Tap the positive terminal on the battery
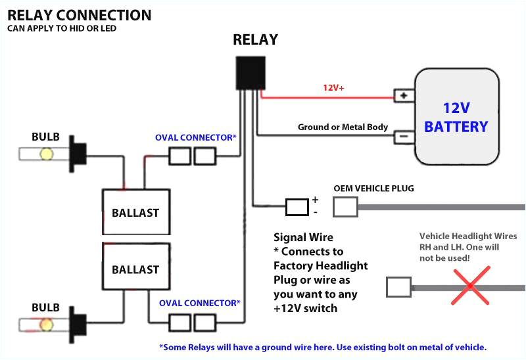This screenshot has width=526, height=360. click(x=402, y=96)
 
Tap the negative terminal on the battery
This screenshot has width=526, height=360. click(x=402, y=137)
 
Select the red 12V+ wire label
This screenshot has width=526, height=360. click(x=333, y=87)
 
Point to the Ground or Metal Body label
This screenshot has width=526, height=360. click(x=343, y=127)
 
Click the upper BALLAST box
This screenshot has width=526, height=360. click(x=135, y=212)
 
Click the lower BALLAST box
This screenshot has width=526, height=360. click(x=135, y=269)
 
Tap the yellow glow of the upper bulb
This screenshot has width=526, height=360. click(x=47, y=154)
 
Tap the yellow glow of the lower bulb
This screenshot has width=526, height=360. click(x=47, y=325)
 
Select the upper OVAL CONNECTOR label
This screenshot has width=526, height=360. click(x=195, y=137)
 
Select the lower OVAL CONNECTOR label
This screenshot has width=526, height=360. click(x=200, y=303)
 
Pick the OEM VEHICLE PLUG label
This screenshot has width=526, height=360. click(x=373, y=189)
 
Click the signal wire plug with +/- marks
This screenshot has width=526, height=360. click(x=297, y=207)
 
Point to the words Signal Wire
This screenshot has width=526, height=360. click(x=303, y=237)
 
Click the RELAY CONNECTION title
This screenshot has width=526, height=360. click(x=79, y=14)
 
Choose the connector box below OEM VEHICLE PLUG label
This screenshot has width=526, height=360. click(x=345, y=207)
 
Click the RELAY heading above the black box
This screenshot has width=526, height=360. click(x=255, y=39)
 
